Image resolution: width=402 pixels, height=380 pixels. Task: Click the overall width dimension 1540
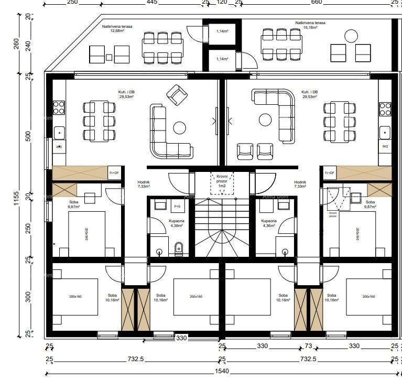(x=224, y=371)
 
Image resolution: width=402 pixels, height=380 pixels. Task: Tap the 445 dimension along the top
(x=151, y=3)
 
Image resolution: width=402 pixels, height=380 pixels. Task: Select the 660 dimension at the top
(x=316, y=3)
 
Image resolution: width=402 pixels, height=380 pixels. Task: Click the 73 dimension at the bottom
(x=308, y=346)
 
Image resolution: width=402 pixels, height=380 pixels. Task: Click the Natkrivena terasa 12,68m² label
(x=117, y=28)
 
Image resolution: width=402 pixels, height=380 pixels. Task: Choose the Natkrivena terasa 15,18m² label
(x=310, y=25)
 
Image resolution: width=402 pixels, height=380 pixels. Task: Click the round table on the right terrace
(x=350, y=36)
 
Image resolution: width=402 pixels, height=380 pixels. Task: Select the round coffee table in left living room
(x=180, y=127)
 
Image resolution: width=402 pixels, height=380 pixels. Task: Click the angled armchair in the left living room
(x=177, y=95)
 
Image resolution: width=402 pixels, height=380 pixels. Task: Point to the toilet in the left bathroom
(x=179, y=248)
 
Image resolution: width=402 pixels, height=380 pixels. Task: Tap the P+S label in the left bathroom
(x=177, y=207)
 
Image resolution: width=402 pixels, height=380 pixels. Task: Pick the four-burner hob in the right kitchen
(x=385, y=108)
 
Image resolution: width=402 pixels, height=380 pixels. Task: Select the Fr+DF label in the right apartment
(x=330, y=172)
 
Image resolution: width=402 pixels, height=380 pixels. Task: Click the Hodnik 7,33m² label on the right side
(x=300, y=184)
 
